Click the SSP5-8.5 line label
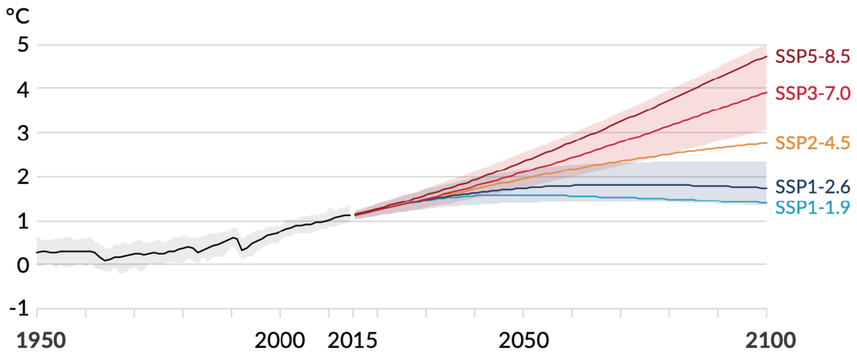(812, 56)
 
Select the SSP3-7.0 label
(812, 93)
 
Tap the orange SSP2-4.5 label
(812, 143)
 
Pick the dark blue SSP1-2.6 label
(812, 186)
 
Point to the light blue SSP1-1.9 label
(812, 207)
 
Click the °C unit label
(18, 16)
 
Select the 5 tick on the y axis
(23, 44)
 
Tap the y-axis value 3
(23, 133)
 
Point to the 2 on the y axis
(23, 177)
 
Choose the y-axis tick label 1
(23, 221)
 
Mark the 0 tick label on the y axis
(23, 265)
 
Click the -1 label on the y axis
(19, 309)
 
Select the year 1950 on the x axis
(41, 341)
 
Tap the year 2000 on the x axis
(280, 341)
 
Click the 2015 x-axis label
(353, 341)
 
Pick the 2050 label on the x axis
(523, 341)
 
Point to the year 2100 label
(770, 341)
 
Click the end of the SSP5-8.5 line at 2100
(766, 56)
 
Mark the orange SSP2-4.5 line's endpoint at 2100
(766, 143)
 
